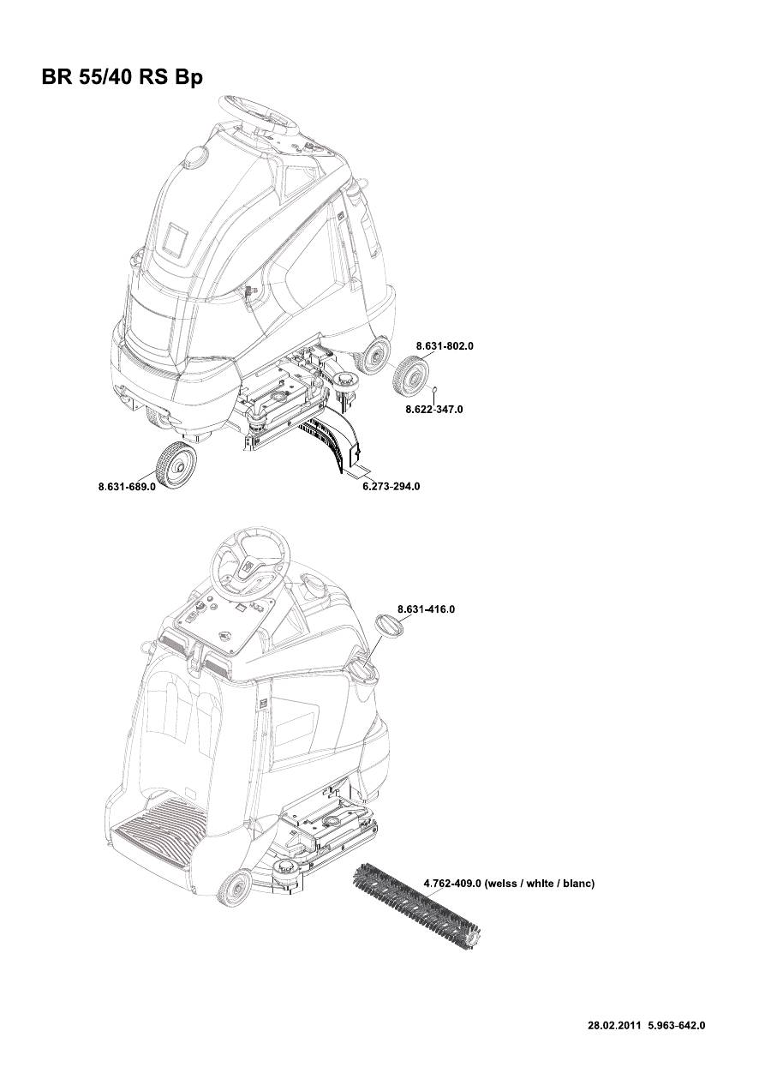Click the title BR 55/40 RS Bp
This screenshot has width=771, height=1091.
point(122,77)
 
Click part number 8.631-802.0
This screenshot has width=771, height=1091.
point(445,345)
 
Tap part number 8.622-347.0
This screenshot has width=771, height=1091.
point(434,409)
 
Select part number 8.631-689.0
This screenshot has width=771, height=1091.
point(127,486)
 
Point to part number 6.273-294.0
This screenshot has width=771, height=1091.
point(391,486)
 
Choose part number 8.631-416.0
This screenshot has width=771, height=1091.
point(427,609)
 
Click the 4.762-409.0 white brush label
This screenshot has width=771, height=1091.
point(510,883)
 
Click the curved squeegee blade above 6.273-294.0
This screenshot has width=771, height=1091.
point(336,438)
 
